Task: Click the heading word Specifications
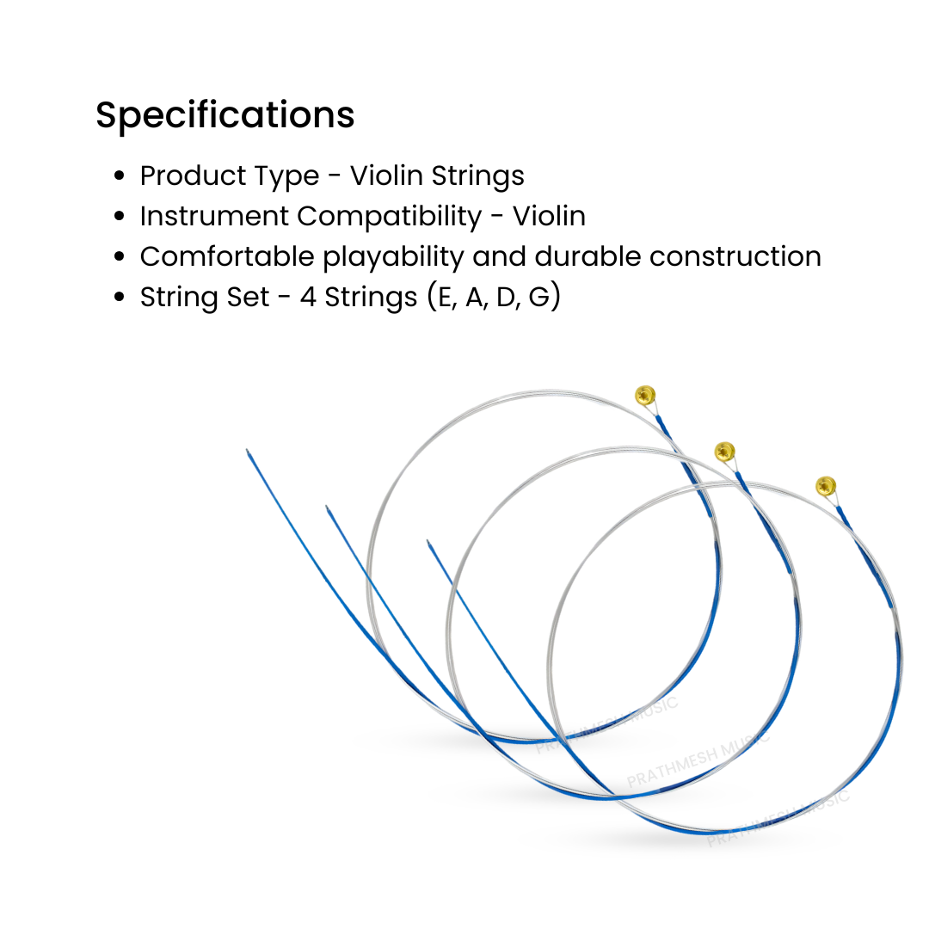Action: coord(225,116)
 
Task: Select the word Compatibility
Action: coord(389,216)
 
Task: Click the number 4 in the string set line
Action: coord(308,297)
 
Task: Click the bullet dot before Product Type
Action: coord(120,176)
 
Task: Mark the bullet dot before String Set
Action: coord(120,298)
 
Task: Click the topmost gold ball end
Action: coord(645,395)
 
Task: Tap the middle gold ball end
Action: coord(725,451)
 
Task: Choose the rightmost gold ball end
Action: coord(826,485)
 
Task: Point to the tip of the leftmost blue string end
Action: coord(248,451)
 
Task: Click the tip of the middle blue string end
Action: coord(327,508)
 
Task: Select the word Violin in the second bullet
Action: coord(550,216)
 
